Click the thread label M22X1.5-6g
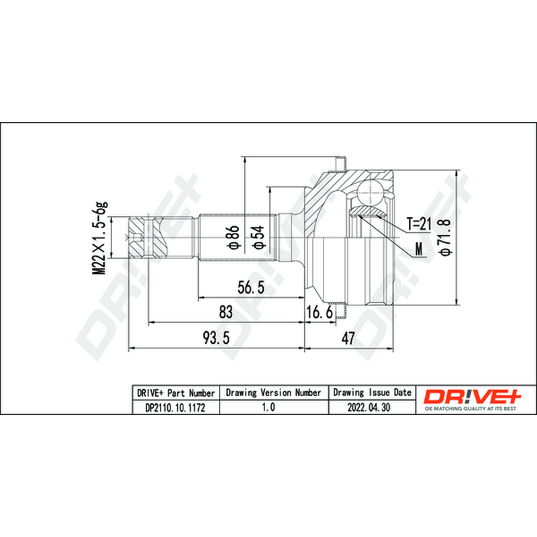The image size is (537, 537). pos(99,238)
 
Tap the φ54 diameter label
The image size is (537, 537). pos(259,237)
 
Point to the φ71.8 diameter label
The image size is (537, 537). pos(446,237)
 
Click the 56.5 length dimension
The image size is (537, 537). pos(251,287)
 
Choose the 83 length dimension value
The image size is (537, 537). pos(226,311)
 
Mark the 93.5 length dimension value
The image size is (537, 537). pos(216,338)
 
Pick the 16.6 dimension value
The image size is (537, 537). pos(320,312)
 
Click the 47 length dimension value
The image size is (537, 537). pos(348,338)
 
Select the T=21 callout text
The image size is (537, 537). pos(418,224)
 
